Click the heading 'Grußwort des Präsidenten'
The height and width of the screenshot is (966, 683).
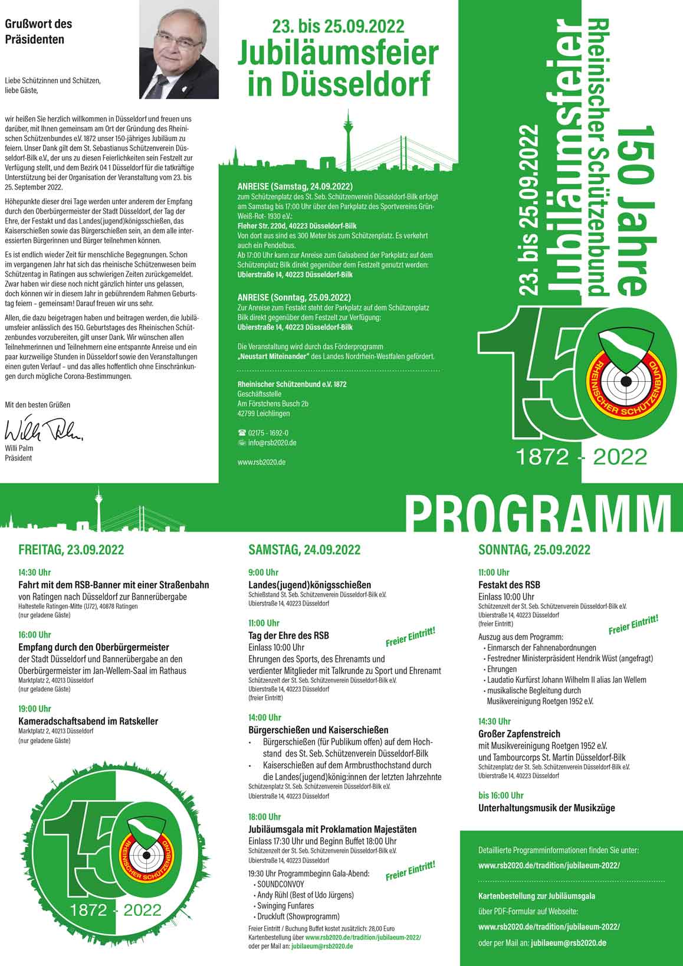(x=39, y=32)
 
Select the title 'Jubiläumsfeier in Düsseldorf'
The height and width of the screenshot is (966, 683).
(x=339, y=68)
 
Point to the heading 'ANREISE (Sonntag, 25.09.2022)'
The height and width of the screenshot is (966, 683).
(x=294, y=297)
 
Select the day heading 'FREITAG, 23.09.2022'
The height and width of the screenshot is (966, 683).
(x=71, y=550)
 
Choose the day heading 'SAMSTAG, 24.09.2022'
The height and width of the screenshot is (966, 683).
(x=304, y=550)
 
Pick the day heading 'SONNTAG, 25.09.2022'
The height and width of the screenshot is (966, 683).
(x=534, y=550)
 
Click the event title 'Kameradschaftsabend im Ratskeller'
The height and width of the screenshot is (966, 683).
(x=88, y=721)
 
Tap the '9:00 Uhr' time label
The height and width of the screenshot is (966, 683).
(x=263, y=572)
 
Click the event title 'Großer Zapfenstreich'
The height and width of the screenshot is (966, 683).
(x=519, y=734)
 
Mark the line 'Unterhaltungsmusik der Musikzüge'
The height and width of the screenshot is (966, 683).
(x=546, y=808)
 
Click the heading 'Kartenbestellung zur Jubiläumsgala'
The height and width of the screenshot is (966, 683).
(x=537, y=896)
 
